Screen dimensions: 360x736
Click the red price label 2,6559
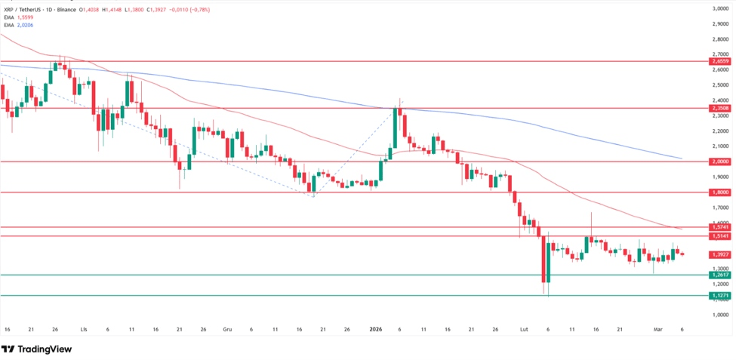click(719, 61)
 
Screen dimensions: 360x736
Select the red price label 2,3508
click(719, 108)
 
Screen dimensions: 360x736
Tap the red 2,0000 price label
click(719, 162)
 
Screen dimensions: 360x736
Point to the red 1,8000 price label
click(719, 192)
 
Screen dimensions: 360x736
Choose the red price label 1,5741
click(719, 226)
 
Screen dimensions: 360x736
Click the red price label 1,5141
click(719, 236)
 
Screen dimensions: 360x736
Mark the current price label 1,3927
click(719, 254)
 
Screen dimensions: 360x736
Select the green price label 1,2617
click(719, 275)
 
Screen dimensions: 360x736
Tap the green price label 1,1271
click(719, 296)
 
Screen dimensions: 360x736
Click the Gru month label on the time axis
click(227, 330)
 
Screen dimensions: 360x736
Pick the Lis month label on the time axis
click(84, 330)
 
